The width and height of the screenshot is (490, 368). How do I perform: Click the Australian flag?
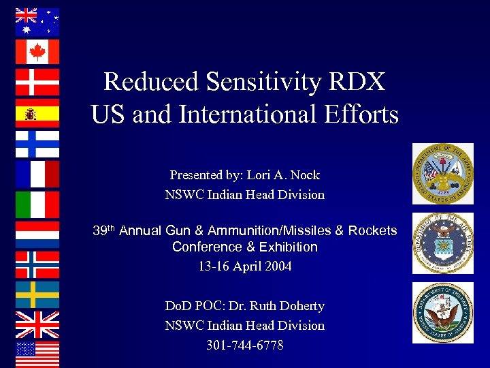click(37, 22)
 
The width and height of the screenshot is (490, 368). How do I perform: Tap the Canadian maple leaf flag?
click(37, 52)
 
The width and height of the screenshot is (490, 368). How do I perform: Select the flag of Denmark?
click(37, 82)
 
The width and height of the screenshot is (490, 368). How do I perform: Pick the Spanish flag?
click(37, 113)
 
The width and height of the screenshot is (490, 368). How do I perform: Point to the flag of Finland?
click(37, 143)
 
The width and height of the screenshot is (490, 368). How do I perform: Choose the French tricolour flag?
click(37, 174)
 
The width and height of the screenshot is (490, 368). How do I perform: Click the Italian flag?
click(37, 204)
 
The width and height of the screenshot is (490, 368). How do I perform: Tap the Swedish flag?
click(37, 294)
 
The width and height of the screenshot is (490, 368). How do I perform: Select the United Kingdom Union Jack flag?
click(37, 324)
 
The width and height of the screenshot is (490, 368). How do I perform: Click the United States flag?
click(37, 354)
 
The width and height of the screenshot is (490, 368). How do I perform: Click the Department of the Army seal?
click(443, 174)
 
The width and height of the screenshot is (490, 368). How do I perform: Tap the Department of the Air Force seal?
click(443, 243)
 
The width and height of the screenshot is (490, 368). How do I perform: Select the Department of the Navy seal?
click(443, 313)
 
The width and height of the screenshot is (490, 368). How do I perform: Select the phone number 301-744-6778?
click(244, 346)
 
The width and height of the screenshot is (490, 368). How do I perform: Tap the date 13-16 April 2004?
click(244, 266)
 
